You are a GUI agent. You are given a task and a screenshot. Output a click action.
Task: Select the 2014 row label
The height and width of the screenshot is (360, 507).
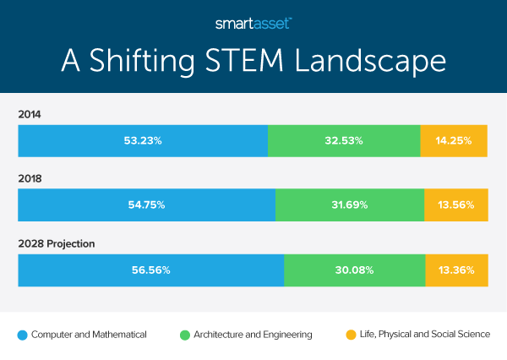[30, 113]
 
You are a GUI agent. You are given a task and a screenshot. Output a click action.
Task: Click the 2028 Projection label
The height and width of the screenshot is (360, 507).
[56, 243]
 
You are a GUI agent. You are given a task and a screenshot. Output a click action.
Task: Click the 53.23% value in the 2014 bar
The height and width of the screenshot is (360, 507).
[143, 140]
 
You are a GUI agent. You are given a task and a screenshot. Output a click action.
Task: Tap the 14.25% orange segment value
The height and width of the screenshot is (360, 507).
[453, 140]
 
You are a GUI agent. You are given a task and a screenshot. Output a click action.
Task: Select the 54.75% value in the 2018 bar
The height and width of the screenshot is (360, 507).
[146, 205]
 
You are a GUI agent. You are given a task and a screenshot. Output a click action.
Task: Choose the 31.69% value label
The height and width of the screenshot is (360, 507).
[349, 205]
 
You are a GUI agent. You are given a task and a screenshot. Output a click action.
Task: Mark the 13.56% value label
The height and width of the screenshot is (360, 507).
[455, 205]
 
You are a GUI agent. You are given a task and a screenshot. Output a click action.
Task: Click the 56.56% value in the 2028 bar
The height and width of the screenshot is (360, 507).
[150, 270]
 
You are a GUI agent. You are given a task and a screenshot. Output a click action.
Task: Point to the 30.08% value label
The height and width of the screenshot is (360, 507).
[353, 270]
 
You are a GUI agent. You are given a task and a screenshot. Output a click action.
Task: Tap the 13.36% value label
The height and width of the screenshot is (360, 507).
[456, 270]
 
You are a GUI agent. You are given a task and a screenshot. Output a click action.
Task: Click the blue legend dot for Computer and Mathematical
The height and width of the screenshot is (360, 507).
[22, 335]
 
